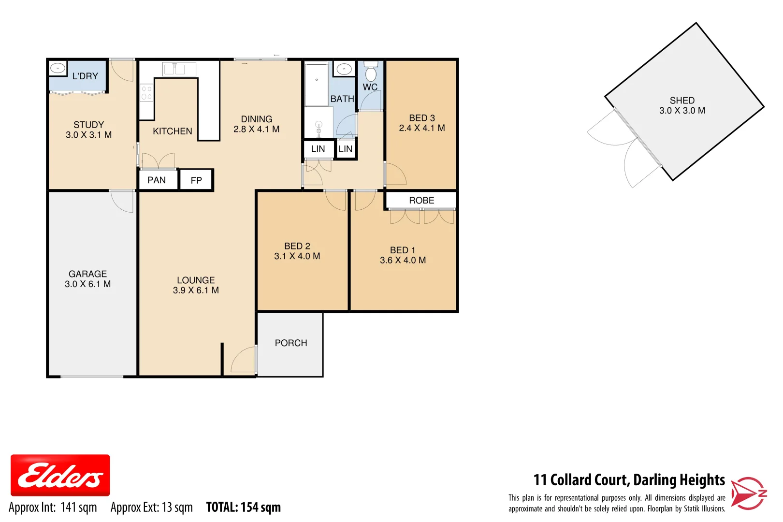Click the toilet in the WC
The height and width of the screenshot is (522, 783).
click(x=371, y=72)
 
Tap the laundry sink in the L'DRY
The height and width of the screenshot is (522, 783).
click(x=58, y=69)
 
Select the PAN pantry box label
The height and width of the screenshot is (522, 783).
click(x=157, y=180)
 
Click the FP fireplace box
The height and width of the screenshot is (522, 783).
click(x=196, y=180)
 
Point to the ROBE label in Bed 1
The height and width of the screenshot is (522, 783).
click(x=421, y=201)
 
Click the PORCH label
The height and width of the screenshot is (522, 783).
click(x=291, y=343)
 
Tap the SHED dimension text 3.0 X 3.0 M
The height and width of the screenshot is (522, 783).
click(x=682, y=111)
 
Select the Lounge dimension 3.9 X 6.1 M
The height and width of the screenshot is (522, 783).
click(x=196, y=290)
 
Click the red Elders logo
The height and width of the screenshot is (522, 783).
click(x=60, y=475)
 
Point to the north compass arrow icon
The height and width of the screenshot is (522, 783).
click(x=748, y=493)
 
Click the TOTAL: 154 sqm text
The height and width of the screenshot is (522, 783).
click(x=243, y=507)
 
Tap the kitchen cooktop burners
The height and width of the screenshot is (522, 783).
click(x=146, y=92)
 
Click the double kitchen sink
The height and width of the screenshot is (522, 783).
click(x=174, y=70)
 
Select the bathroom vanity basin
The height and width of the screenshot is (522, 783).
click(x=344, y=69)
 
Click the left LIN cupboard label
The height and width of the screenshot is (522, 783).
click(x=318, y=149)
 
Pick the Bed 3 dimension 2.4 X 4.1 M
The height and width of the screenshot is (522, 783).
click(x=422, y=128)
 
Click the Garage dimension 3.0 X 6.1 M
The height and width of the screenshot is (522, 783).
click(x=88, y=284)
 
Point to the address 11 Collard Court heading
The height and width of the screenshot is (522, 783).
click(x=629, y=480)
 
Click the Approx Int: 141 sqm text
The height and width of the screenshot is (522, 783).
click(x=53, y=507)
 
